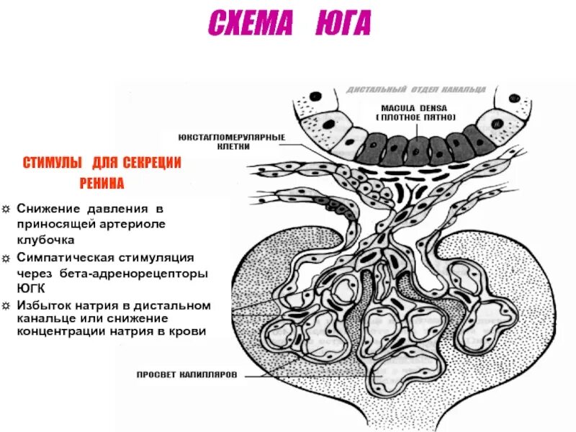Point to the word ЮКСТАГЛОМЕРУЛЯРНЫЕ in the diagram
232,136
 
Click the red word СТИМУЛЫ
50,163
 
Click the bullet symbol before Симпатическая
6,257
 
